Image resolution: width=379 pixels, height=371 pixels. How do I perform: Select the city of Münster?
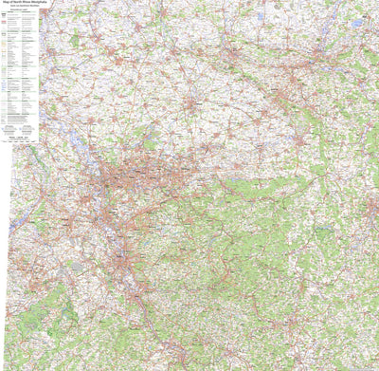190,102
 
